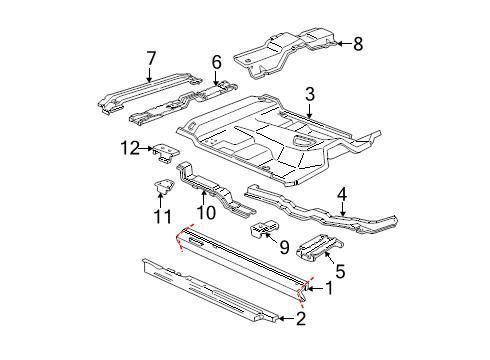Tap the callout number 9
click(283, 244)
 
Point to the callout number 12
click(127, 149)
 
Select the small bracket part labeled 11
click(160, 187)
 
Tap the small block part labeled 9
click(262, 232)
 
